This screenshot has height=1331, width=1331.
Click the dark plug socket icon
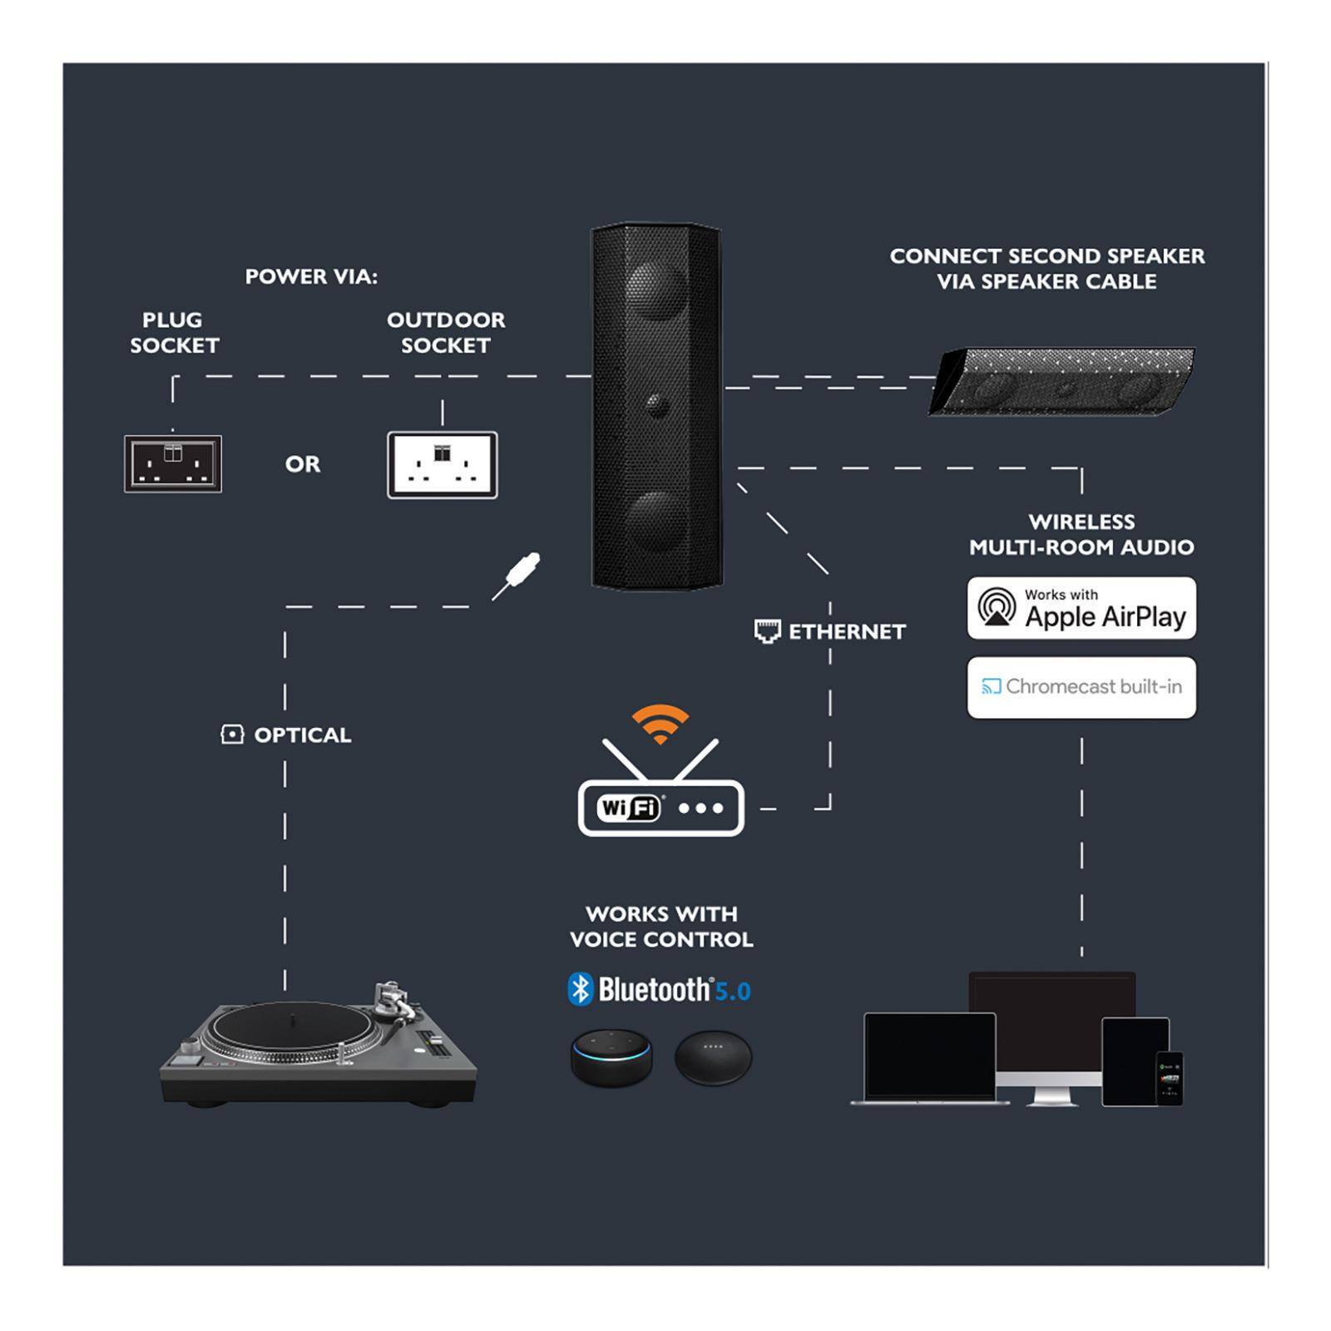[173, 463]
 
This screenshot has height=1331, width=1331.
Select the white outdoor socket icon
[442, 465]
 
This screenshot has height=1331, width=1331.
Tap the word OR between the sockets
[302, 464]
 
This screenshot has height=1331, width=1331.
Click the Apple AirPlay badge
[1081, 608]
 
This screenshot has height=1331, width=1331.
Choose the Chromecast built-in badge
[1081, 687]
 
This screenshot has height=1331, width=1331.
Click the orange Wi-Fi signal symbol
[660, 722]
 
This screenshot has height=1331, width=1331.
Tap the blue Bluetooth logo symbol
[580, 989]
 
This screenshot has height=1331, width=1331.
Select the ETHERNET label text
[846, 632]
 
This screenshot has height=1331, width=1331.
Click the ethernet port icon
[767, 631]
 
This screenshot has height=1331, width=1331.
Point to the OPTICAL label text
[302, 735]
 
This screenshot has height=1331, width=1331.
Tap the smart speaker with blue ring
[611, 1057]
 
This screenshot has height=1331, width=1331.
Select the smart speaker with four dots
[713, 1057]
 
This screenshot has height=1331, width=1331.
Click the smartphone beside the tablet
[1169, 1078]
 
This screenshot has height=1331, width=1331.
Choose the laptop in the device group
[929, 1058]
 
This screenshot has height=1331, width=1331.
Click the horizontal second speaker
[1062, 383]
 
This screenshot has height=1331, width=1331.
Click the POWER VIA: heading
[311, 277]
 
